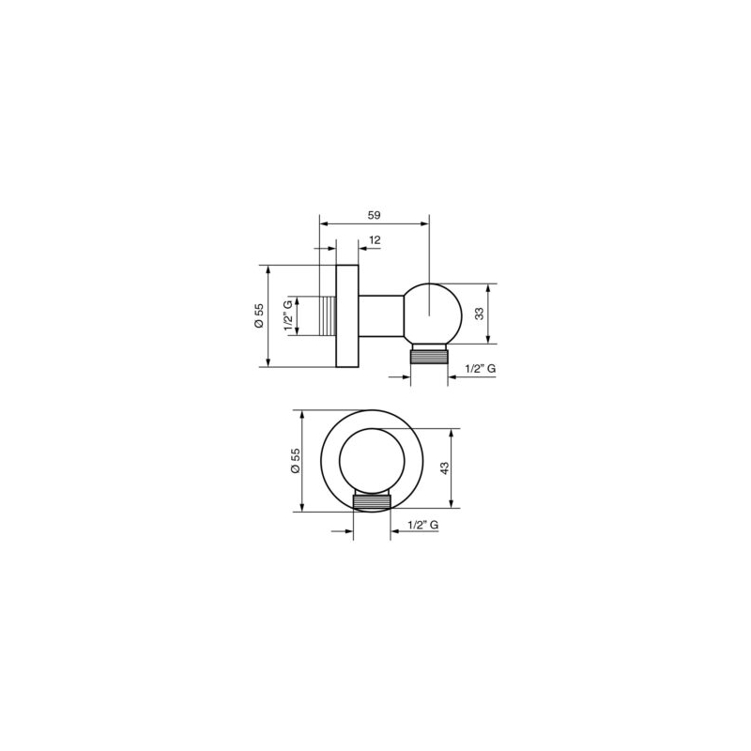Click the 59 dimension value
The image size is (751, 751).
(x=374, y=215)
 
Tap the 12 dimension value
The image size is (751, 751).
(x=375, y=240)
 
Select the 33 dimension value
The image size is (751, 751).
(x=480, y=314)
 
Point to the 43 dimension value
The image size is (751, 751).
(x=445, y=467)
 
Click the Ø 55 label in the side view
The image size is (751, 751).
(x=259, y=315)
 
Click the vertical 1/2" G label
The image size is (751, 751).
(x=288, y=315)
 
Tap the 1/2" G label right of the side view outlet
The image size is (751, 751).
(x=481, y=368)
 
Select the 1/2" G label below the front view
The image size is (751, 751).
(x=423, y=525)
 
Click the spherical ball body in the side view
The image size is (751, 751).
(x=432, y=314)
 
